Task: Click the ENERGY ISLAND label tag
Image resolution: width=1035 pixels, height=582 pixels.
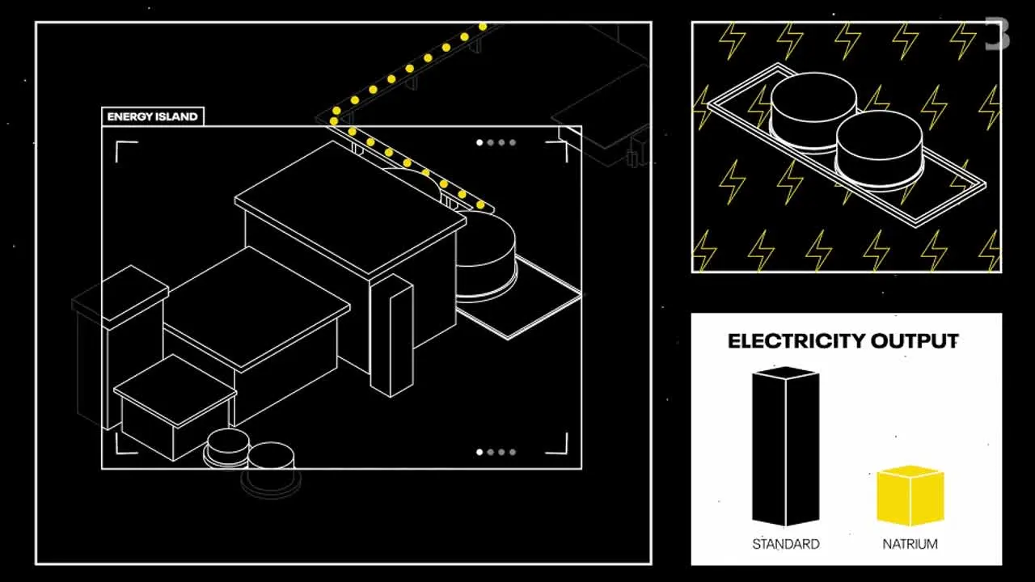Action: (153, 116)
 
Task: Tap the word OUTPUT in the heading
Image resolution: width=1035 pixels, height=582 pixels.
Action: (915, 341)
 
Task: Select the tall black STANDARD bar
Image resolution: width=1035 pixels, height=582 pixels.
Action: (785, 446)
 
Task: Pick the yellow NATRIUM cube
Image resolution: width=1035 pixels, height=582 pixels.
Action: (910, 496)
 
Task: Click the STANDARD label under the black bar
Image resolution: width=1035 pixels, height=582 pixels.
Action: (785, 544)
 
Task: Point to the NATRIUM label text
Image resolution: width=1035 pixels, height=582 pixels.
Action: (910, 544)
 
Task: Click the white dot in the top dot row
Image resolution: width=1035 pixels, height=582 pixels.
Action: (479, 143)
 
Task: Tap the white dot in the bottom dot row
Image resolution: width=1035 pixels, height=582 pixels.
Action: (479, 452)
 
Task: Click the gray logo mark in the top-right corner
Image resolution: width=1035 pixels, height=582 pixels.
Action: (997, 33)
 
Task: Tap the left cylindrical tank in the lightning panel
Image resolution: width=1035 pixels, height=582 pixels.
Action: (813, 111)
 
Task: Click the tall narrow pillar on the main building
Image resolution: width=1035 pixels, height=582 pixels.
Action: (392, 335)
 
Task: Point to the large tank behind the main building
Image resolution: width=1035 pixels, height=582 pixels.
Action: (488, 256)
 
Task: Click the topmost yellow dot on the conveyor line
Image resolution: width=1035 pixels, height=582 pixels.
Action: (483, 27)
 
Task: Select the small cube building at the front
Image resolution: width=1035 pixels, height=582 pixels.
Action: (175, 407)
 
